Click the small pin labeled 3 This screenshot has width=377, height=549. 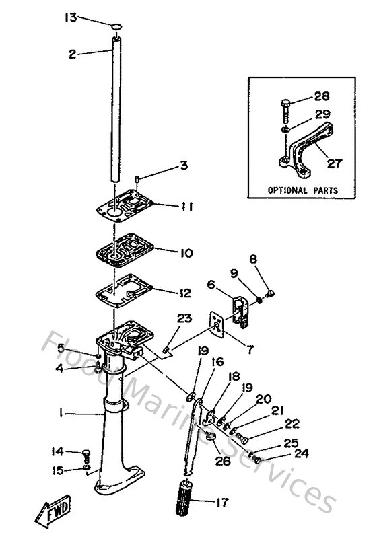click(136, 179)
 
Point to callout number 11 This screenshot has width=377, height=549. click(186, 207)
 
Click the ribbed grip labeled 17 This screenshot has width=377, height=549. click(186, 501)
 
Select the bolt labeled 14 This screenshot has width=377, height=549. click(86, 454)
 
